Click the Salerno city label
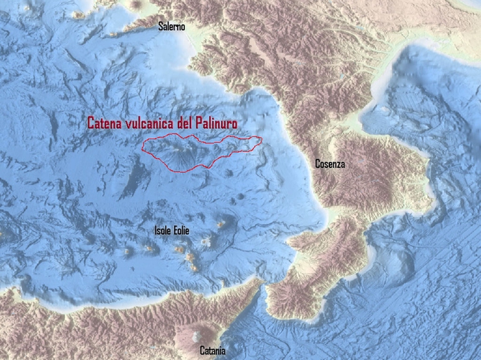pyautogui.click(x=172, y=27)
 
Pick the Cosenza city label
pyautogui.click(x=330, y=164)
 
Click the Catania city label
pyautogui.click(x=212, y=350)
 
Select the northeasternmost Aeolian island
pyautogui.click(x=221, y=224)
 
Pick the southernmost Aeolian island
pyautogui.click(x=194, y=267)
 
